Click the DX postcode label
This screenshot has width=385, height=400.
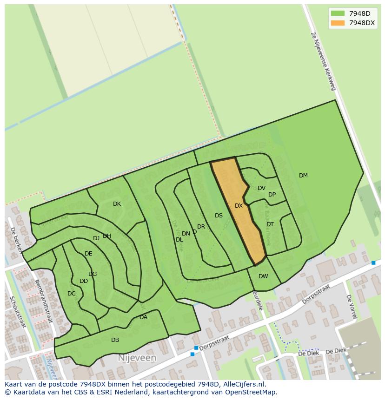point(239,206)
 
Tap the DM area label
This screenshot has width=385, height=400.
point(303,176)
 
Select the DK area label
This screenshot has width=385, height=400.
point(117,204)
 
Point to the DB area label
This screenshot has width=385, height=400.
point(115,340)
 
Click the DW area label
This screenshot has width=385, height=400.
point(263,276)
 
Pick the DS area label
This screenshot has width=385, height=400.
point(219,216)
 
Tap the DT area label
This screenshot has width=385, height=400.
point(270,224)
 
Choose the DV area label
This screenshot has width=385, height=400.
point(261,188)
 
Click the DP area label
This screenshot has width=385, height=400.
point(272,195)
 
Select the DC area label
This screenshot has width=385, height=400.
point(71,294)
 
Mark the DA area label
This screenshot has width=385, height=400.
point(143,317)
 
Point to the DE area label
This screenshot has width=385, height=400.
point(88,254)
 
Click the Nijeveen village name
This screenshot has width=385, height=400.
point(137,358)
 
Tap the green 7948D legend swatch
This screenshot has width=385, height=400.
point(338,13)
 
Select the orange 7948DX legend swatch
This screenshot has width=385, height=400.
point(338,23)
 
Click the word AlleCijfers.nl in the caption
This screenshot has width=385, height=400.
point(244,384)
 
